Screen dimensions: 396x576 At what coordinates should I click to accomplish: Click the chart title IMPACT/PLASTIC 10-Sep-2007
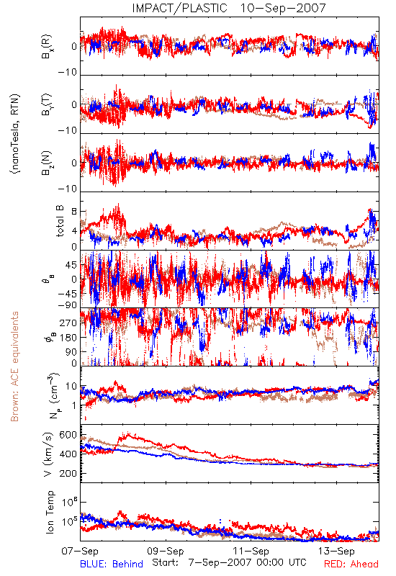[x=229, y=8]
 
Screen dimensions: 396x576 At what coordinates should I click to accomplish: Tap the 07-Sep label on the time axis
[x=80, y=551]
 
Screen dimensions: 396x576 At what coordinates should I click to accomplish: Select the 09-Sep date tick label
[x=166, y=551]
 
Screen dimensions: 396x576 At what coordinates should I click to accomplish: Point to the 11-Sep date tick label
[x=251, y=551]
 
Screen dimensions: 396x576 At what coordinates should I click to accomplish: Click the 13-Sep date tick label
[x=336, y=551]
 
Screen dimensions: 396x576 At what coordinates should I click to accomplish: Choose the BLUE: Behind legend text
[x=112, y=564]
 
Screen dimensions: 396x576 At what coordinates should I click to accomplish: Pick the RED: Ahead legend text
[x=351, y=564]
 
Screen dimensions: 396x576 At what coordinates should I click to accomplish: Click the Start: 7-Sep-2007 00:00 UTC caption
[x=229, y=562]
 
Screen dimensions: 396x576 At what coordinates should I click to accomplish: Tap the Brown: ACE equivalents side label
[x=14, y=366]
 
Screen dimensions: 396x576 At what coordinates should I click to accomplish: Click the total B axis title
[x=60, y=221]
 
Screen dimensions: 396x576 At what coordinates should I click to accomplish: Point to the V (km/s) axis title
[x=48, y=454]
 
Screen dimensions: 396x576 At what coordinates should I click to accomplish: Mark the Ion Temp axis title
[x=50, y=512]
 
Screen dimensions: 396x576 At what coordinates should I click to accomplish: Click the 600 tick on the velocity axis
[x=68, y=435]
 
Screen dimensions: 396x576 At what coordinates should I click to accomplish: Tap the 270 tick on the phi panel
[x=68, y=323]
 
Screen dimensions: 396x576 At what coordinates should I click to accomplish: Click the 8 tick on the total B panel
[x=74, y=212]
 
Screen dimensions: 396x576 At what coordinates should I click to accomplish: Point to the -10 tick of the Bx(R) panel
[x=68, y=72]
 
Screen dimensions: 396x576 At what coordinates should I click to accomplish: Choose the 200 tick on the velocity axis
[x=68, y=473]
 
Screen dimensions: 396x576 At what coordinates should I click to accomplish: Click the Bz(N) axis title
[x=47, y=163]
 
